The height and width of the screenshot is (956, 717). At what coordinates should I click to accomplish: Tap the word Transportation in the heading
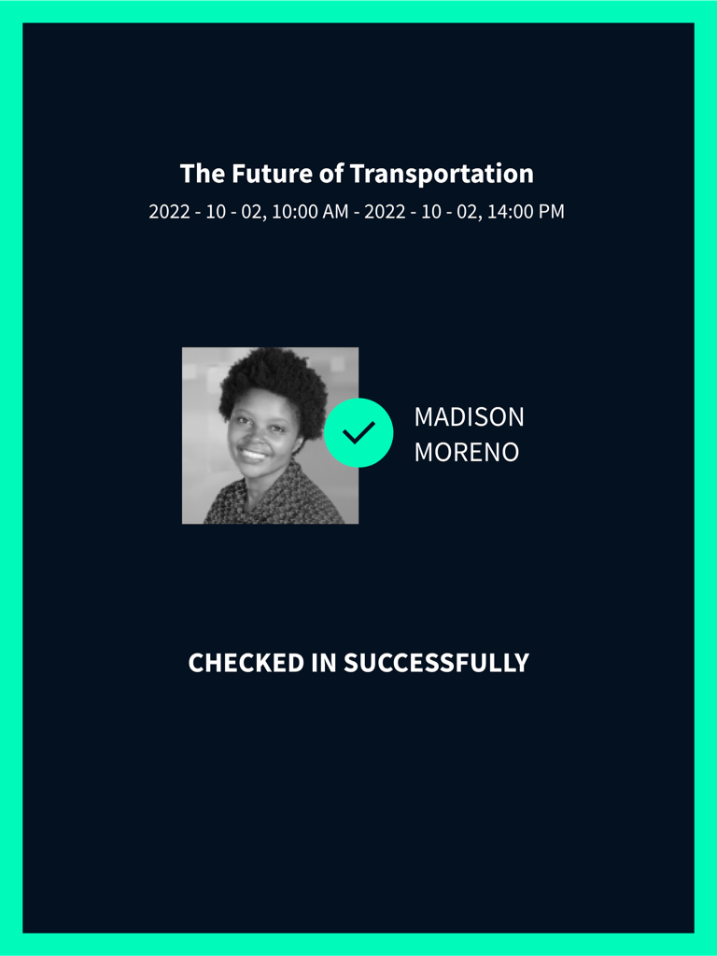(442, 174)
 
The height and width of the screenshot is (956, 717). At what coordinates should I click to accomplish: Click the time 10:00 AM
(310, 212)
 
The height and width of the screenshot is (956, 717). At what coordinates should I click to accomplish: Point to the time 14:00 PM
(526, 212)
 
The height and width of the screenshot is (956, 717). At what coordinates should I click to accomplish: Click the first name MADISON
(469, 417)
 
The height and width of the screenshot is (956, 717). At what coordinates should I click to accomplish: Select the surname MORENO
(467, 452)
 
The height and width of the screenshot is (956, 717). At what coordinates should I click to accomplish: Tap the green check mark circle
(358, 432)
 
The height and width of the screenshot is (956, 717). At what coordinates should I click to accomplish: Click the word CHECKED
(246, 663)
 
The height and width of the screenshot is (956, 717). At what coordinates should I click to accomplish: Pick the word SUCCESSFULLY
(436, 663)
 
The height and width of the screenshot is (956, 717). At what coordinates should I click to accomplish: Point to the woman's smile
(253, 455)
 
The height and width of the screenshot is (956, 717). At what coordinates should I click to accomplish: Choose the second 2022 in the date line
(385, 212)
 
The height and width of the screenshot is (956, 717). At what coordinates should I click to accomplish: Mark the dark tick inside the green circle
(358, 432)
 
